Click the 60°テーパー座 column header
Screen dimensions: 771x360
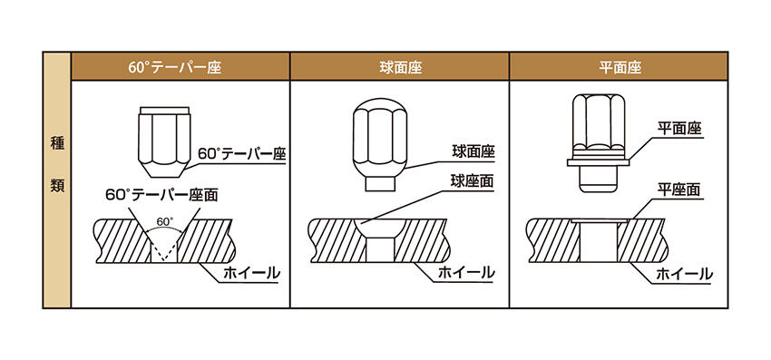pos(175,67)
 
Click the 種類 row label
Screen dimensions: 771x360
pos(57,164)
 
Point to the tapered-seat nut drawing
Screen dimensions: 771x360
pos(163,142)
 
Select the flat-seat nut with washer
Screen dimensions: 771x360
pos(598,143)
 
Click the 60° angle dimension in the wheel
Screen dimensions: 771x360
pos(163,222)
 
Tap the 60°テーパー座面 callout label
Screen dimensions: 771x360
pos(162,195)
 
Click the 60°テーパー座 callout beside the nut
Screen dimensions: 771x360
pos(242,154)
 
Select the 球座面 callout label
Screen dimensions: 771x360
pos(473,181)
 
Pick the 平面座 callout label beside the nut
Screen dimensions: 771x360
pos(680,130)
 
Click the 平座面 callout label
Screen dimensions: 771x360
pos(679,190)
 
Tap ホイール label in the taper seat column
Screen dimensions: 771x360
pos(251,273)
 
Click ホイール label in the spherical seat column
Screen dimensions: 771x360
pos(466,273)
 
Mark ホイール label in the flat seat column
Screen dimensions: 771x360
pos(685,274)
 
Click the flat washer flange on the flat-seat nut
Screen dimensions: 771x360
pos(598,161)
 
